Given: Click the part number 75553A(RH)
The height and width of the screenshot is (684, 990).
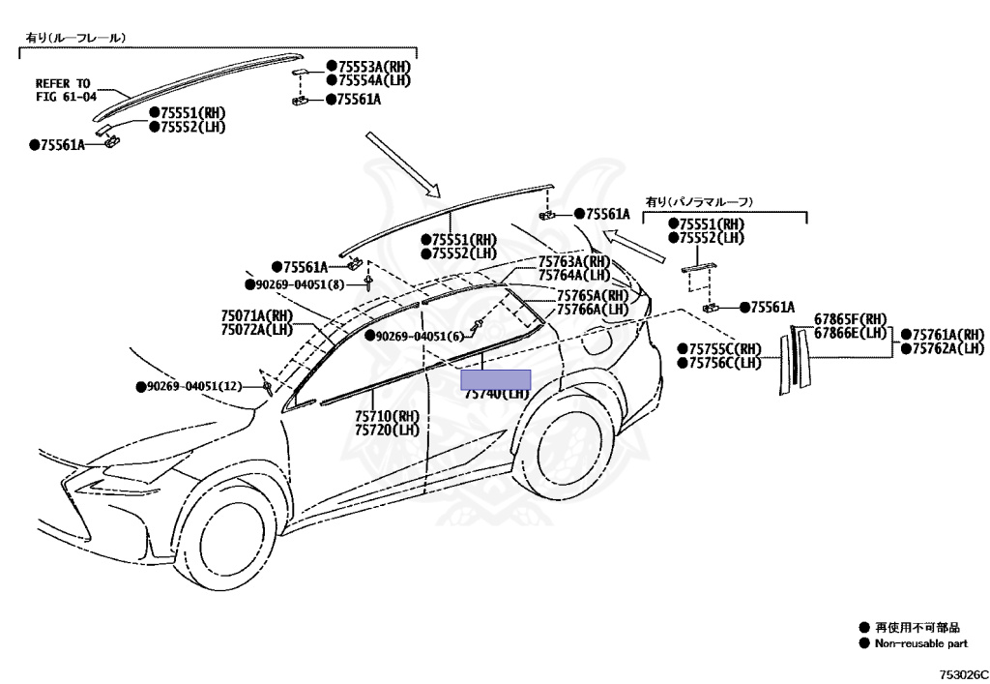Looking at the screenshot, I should (373, 66).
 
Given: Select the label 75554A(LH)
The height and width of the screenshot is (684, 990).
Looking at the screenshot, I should (373, 80).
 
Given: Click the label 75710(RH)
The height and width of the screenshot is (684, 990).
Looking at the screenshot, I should (387, 416).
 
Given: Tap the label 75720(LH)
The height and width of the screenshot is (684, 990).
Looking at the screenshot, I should (387, 430).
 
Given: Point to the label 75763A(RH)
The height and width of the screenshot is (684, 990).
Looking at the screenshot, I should (576, 261).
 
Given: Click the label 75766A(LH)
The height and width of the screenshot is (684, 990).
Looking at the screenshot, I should (593, 309).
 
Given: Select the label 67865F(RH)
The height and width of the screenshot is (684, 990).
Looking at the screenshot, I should (850, 319).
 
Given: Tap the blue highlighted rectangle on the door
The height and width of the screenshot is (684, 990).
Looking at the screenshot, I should (496, 378).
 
